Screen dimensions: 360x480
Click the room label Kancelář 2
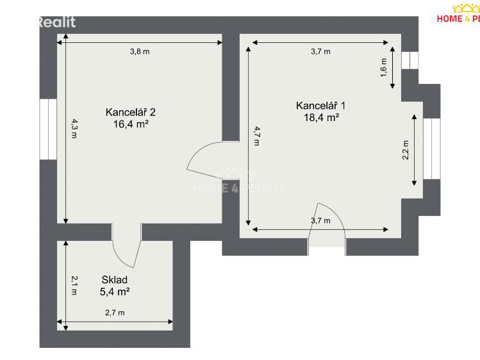pyautogui.click(x=131, y=112)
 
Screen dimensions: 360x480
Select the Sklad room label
pyautogui.click(x=114, y=280)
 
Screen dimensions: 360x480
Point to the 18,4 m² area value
pyautogui.click(x=320, y=117)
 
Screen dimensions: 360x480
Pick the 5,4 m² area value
pyautogui.click(x=115, y=291)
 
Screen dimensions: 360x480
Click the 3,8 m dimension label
pyautogui.click(x=140, y=52)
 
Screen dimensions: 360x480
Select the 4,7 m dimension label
pyautogui.click(x=256, y=135)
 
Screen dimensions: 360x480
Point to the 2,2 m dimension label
pyautogui.click(x=405, y=151)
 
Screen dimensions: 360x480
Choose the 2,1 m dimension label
pyautogui.click(x=74, y=285)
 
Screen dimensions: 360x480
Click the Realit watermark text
pyautogui.click(x=56, y=22)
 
